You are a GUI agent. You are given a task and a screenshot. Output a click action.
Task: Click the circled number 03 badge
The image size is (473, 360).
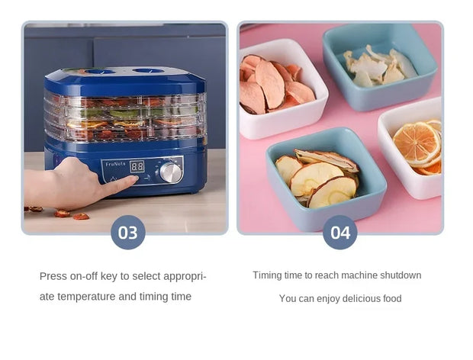[x=127, y=232]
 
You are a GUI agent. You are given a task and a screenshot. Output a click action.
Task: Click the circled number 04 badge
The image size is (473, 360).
[x=339, y=232]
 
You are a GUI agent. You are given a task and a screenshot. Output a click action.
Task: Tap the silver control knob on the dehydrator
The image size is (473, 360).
[x=171, y=171]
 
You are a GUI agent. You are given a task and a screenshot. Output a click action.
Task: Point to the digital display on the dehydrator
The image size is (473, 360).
[x=137, y=166]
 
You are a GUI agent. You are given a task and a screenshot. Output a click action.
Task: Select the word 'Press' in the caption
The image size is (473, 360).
[x=53, y=276]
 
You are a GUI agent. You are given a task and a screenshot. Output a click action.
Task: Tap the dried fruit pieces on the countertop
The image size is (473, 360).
[x=65, y=214]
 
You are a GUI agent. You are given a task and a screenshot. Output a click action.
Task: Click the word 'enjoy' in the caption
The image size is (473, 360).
[x=314, y=298]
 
